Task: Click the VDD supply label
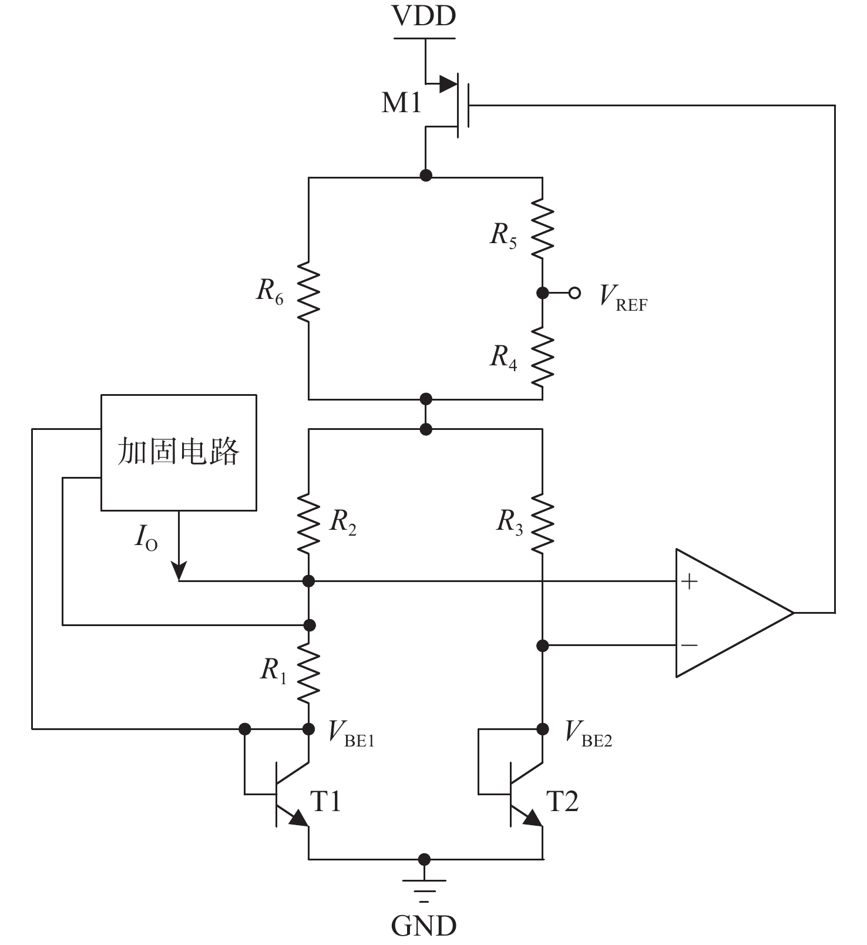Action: [424, 16]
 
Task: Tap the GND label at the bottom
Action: [424, 926]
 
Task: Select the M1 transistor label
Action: [402, 103]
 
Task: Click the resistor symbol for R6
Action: [308, 292]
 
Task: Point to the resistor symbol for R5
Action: [542, 228]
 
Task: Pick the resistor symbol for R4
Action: [542, 357]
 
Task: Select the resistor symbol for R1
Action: [308, 672]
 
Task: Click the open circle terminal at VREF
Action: [574, 292]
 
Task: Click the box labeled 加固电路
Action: [179, 452]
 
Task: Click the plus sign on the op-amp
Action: [689, 581]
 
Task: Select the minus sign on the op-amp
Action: [689, 645]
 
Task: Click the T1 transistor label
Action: [325, 801]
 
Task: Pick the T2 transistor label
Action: [562, 801]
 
